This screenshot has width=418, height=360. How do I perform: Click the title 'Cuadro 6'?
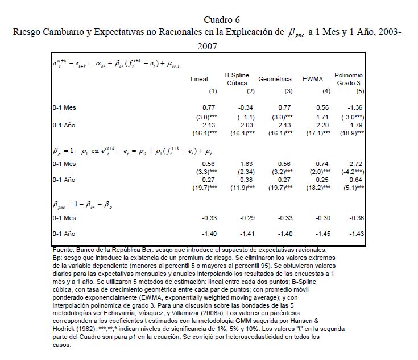pos(209,19)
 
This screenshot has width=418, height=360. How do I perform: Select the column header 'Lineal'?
pos(199,79)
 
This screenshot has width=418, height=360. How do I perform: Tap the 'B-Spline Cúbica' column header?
pos(237,79)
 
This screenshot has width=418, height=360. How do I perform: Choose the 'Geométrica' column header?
pos(275,79)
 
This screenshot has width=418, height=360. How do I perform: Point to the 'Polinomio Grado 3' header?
pos(349,79)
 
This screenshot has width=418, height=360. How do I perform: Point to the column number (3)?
pos(288,91)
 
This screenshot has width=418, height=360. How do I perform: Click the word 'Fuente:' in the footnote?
pos(60,249)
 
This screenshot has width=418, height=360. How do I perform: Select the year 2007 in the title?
pos(209,45)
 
